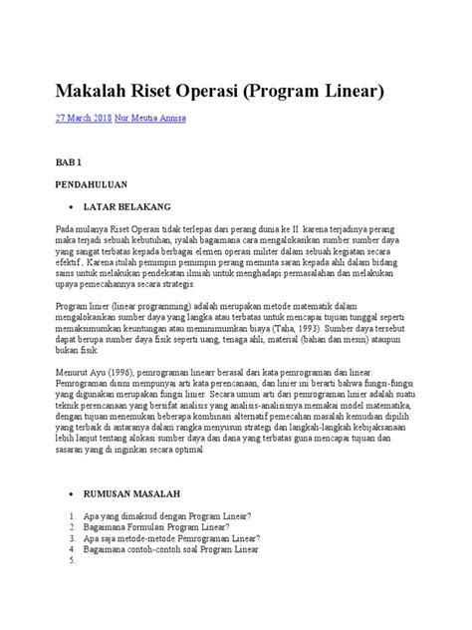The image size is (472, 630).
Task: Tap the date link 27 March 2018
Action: [x=83, y=119]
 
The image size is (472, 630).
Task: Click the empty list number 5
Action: [x=61, y=560]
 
